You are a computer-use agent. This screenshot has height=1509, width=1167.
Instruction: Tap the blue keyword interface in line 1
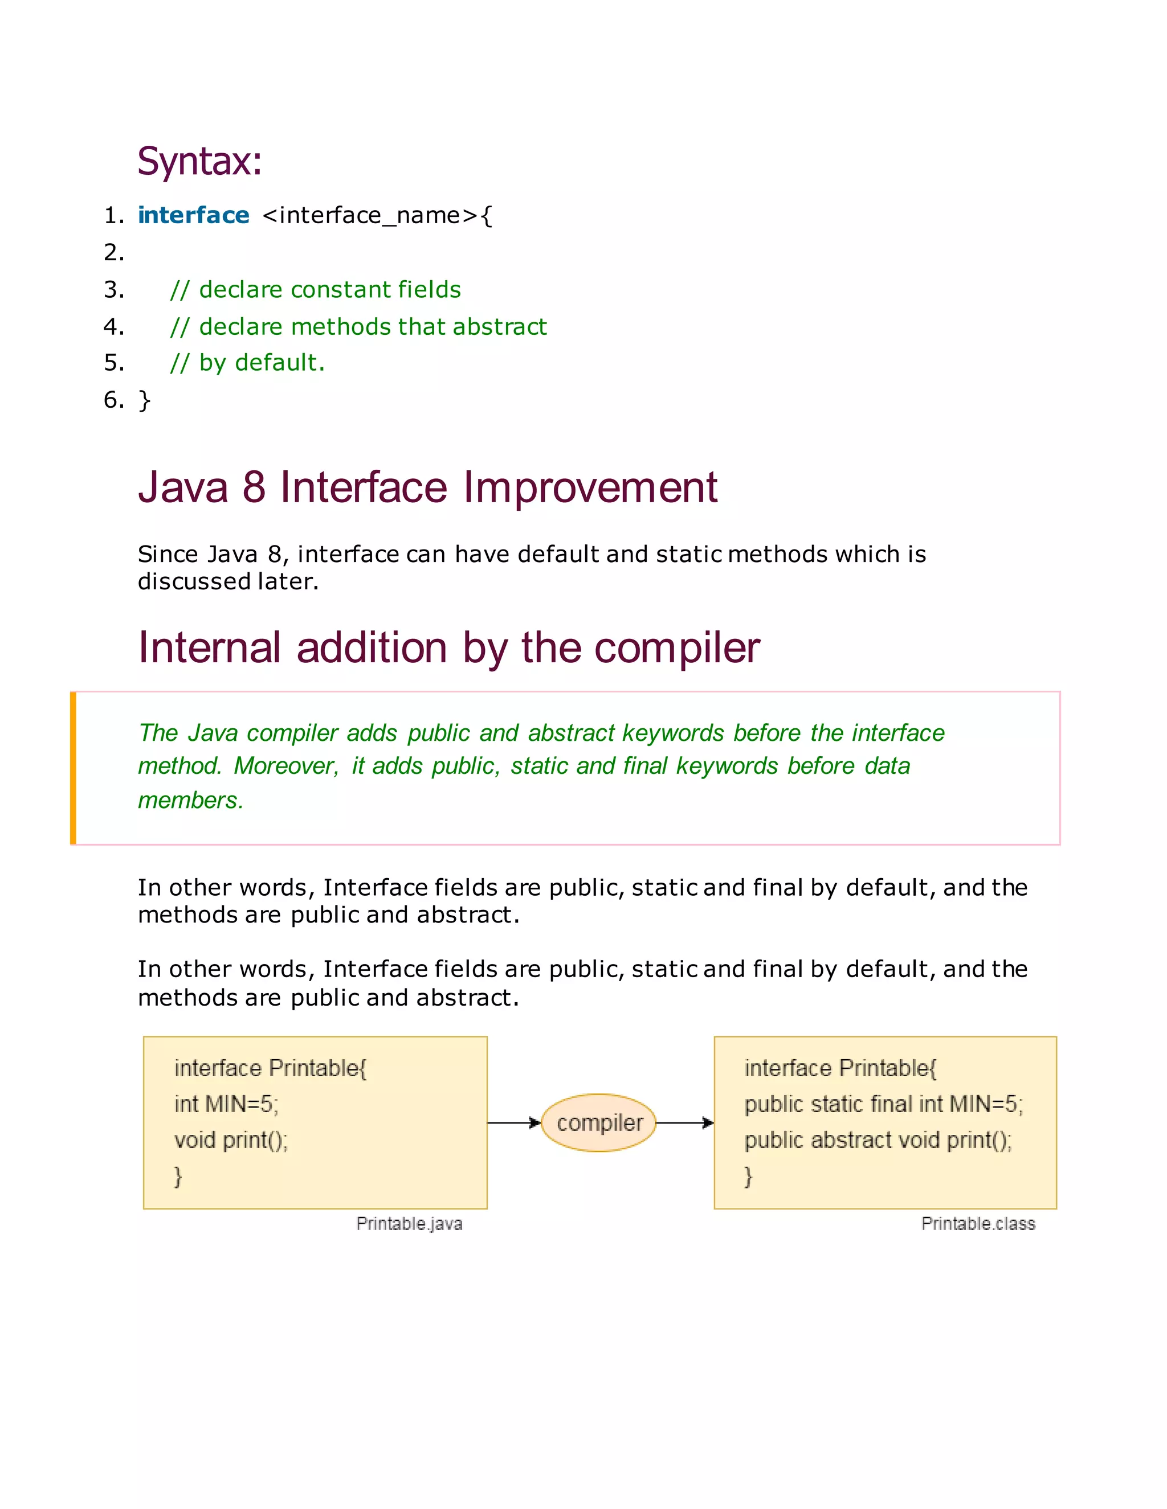click(193, 216)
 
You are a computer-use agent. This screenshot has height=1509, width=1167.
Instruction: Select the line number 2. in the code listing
click(113, 253)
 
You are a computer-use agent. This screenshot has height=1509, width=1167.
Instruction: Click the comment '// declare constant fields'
click(315, 289)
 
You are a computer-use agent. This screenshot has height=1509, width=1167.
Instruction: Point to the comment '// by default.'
click(247, 363)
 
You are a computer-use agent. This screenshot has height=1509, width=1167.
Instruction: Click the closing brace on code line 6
click(144, 400)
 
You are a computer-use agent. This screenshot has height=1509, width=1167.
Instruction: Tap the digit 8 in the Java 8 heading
click(254, 487)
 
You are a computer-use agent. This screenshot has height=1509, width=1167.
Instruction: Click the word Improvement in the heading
click(590, 487)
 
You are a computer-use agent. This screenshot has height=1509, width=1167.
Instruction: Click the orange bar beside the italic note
click(72, 768)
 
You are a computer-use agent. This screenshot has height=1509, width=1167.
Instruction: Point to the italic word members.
click(190, 800)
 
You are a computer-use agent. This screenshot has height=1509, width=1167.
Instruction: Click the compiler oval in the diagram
click(599, 1123)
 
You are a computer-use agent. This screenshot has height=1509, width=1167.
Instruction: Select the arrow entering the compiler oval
click(513, 1123)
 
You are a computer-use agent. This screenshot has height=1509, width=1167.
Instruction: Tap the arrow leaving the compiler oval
click(684, 1123)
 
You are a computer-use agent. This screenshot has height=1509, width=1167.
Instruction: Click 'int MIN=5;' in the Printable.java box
click(226, 1104)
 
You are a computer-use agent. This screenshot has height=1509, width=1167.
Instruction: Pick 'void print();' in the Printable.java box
click(231, 1140)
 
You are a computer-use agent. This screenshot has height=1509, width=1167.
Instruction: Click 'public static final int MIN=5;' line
click(883, 1104)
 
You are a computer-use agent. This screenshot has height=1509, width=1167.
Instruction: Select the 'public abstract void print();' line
click(878, 1140)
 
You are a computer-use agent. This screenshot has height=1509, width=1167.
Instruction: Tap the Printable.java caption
click(409, 1224)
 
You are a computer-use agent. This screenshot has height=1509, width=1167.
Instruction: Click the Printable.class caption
click(978, 1224)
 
